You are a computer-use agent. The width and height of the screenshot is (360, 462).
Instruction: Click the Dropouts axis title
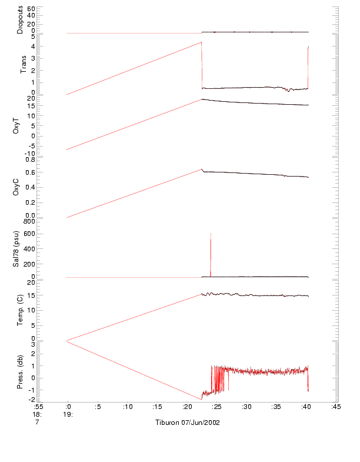(x=19, y=19)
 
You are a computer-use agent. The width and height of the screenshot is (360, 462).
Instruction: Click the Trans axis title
(x=24, y=64)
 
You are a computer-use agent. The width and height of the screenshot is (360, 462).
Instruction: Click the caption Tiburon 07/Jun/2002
(x=188, y=423)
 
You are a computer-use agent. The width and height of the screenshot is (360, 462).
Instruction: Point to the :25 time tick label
(x=216, y=407)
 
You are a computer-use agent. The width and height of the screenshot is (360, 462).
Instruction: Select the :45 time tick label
(x=335, y=407)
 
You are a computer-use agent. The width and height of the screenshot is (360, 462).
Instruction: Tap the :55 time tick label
(x=38, y=407)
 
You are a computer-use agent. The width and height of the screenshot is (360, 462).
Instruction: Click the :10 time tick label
(x=127, y=407)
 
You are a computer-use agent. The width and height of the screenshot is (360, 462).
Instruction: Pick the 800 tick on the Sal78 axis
(x=31, y=221)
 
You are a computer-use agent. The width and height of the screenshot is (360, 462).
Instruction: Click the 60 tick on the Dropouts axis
(x=31, y=9)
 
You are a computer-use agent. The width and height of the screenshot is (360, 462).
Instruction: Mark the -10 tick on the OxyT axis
(x=30, y=154)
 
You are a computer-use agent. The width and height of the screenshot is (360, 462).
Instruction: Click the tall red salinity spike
(x=211, y=247)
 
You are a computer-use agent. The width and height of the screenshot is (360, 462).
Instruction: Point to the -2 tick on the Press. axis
(x=31, y=400)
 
